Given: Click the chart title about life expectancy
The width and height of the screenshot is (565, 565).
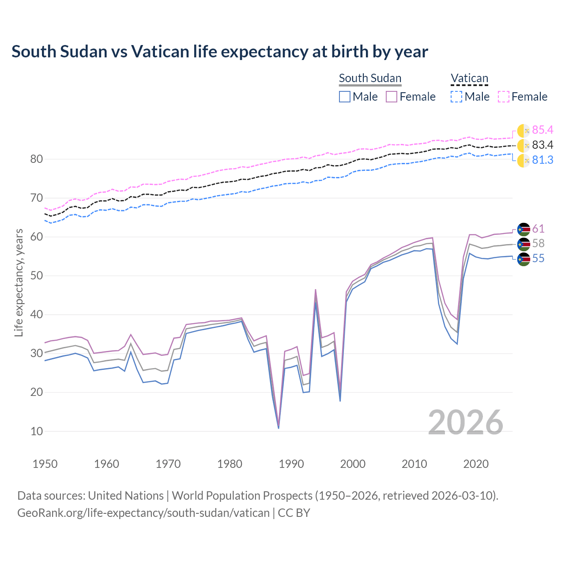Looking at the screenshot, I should pyautogui.click(x=219, y=52).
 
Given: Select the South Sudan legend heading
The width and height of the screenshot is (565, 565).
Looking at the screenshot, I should pyautogui.click(x=370, y=78).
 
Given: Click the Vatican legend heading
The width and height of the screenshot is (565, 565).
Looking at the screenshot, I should pyautogui.click(x=469, y=78).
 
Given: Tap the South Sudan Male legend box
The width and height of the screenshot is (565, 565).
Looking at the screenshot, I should pyautogui.click(x=345, y=97).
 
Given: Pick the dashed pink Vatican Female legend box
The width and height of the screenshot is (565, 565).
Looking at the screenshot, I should pyautogui.click(x=504, y=97).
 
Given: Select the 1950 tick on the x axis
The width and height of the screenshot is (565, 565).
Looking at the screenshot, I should pyautogui.click(x=45, y=464).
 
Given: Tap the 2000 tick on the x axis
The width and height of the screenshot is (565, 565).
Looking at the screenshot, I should pyautogui.click(x=353, y=464).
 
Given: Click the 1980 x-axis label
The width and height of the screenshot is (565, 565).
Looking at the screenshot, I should pyautogui.click(x=230, y=464).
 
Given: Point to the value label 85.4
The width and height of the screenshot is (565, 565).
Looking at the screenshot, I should pyautogui.click(x=542, y=130).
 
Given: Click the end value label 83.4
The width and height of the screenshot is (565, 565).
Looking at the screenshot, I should pyautogui.click(x=542, y=145).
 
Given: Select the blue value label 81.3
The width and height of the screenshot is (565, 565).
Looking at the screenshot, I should pyautogui.click(x=542, y=160).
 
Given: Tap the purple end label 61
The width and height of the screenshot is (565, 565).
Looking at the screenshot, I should pyautogui.click(x=538, y=229).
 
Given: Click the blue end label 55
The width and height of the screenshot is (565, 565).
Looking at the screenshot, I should pyautogui.click(x=538, y=259).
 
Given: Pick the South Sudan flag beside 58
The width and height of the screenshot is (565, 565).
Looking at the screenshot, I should pyautogui.click(x=524, y=244).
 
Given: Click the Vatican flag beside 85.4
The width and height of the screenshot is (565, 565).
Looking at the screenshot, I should pyautogui.click(x=524, y=130).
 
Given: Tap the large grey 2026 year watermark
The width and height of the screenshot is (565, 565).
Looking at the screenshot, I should pyautogui.click(x=465, y=422).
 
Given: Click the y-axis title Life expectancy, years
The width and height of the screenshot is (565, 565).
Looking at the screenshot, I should pyautogui.click(x=19, y=282).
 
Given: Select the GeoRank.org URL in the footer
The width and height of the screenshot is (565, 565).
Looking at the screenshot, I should pyautogui.click(x=143, y=513).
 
